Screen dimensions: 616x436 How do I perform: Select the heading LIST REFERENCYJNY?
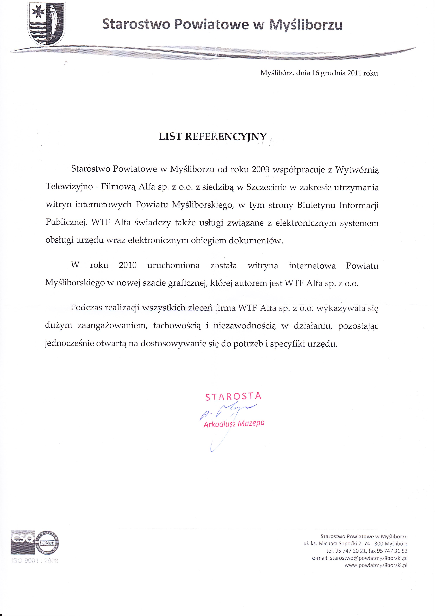(213, 136)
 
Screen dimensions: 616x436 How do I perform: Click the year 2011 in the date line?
(354, 73)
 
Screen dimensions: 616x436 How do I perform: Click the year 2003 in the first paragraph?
(261, 169)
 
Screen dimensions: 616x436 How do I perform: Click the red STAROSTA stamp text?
(233, 396)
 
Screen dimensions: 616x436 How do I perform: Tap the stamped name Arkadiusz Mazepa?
(234, 424)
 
